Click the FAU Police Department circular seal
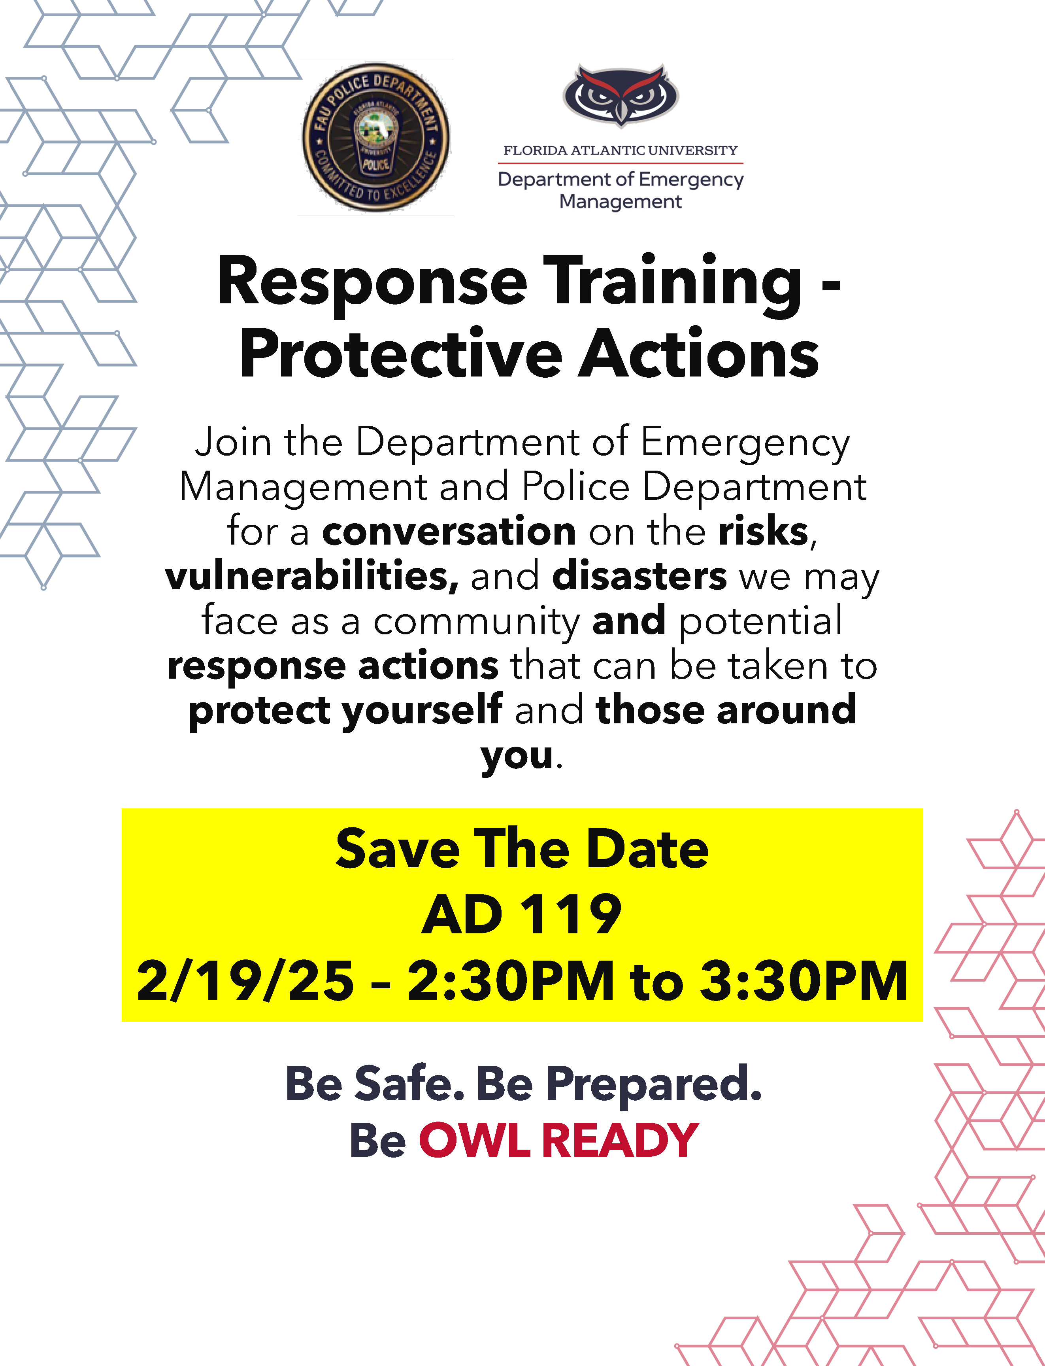[x=376, y=137]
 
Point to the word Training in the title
[x=673, y=285]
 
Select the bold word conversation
[x=449, y=532]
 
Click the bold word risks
[x=764, y=532]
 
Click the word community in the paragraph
[x=477, y=622]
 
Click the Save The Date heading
[x=522, y=849]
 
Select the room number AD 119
[x=522, y=914]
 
